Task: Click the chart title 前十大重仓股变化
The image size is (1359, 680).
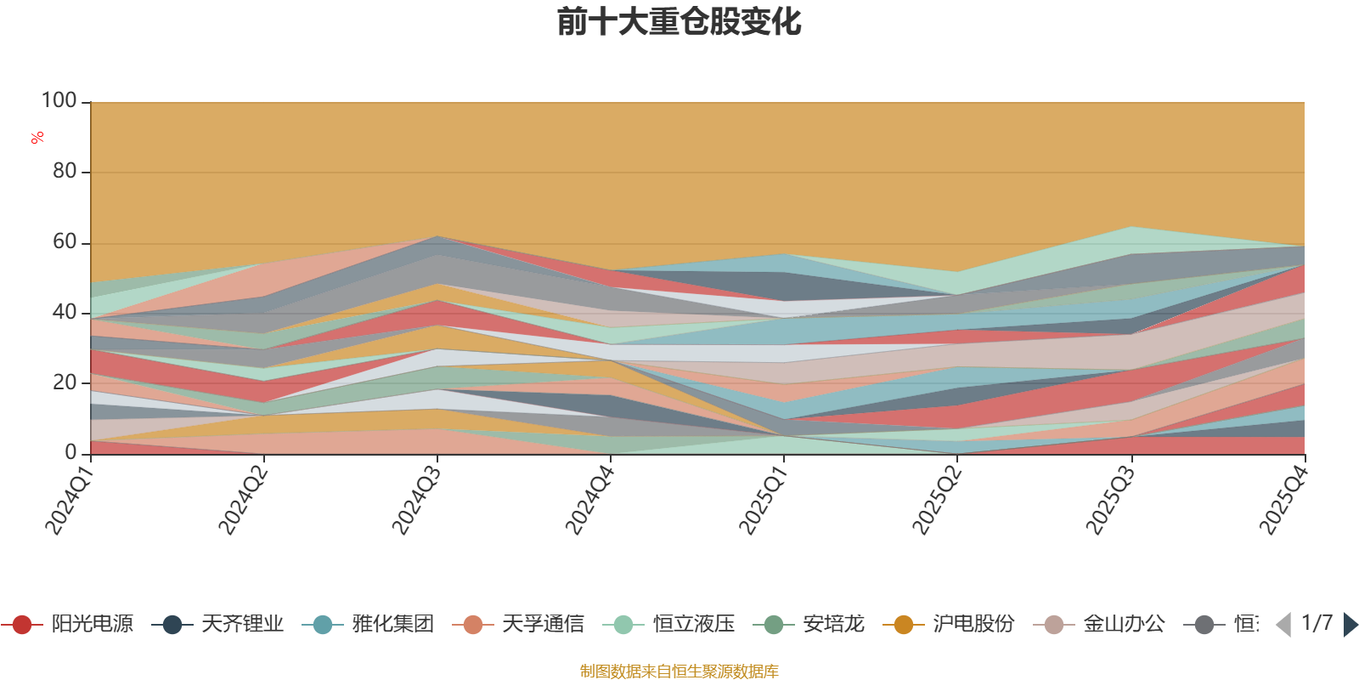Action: tap(679, 22)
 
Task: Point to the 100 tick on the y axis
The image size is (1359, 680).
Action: tap(59, 100)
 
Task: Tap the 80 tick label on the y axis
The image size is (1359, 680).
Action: tap(65, 171)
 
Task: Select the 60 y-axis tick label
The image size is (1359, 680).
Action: tap(65, 241)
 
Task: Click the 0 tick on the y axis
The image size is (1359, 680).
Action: tap(71, 452)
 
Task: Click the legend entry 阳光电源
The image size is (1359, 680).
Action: tap(67, 624)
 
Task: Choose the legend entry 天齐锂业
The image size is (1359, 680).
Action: tap(217, 624)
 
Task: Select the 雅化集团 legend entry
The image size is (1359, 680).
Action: tap(369, 624)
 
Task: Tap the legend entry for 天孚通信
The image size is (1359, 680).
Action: tap(519, 624)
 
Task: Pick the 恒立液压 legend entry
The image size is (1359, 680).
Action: tap(669, 624)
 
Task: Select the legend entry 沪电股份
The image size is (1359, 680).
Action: tap(949, 624)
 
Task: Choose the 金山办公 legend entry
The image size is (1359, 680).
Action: tap(1099, 624)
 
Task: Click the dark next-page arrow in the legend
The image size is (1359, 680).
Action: tap(1350, 624)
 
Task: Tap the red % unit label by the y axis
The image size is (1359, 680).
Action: tap(37, 138)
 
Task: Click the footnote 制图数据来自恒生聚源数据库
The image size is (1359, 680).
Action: tap(679, 671)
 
